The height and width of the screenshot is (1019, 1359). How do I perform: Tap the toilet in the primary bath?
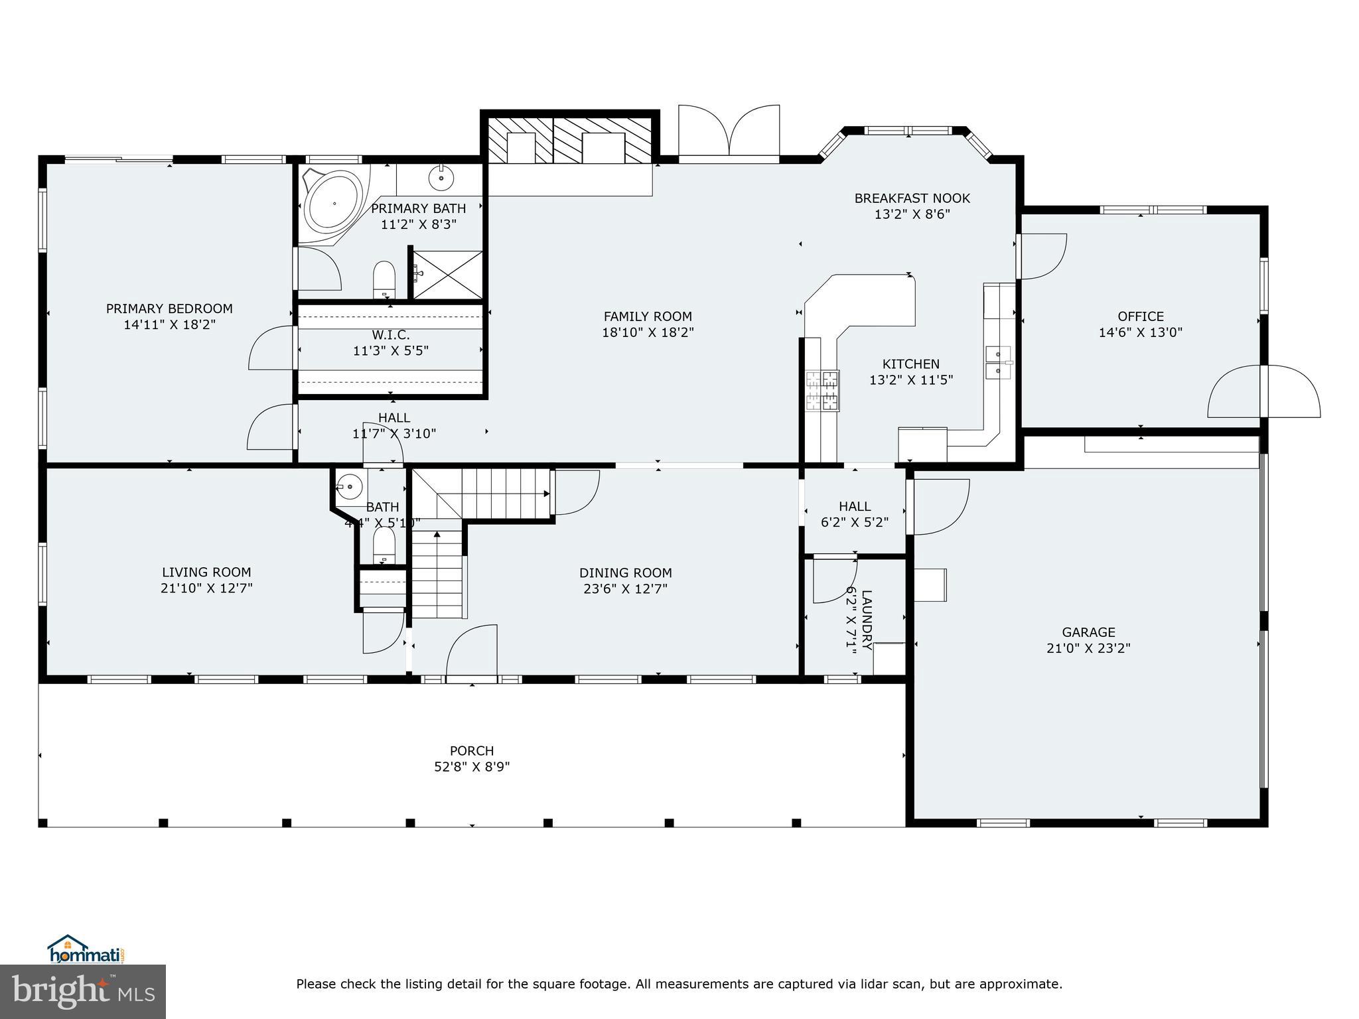pos(384,279)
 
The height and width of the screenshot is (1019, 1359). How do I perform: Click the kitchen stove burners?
pos(823,391)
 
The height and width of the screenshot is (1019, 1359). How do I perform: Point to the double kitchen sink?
pos(998,362)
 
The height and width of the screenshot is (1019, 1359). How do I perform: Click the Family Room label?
pos(648,316)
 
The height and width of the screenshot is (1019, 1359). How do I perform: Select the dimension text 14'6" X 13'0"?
pos(1140,332)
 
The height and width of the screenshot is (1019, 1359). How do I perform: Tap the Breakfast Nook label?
pos(912,198)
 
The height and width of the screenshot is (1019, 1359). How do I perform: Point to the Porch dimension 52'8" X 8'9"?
pos(472,767)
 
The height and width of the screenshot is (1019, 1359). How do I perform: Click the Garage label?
pos(1088,632)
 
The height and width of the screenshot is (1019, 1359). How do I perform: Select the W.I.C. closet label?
pos(391,335)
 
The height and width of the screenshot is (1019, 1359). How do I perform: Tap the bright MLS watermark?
pos(83,991)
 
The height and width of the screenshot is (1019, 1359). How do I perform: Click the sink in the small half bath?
pos(349,487)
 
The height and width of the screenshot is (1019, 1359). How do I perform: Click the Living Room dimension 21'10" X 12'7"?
pos(206,588)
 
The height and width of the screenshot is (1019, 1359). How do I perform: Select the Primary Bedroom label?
pos(169,308)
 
